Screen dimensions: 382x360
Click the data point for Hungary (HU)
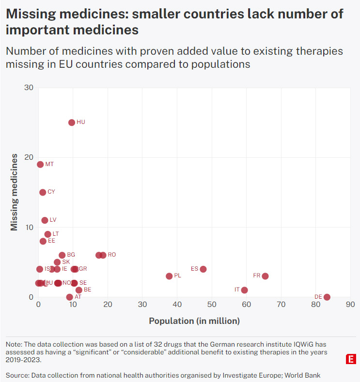pos(72,122)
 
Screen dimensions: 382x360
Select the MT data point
pos(40,165)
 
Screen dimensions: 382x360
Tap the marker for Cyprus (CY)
pos(43,192)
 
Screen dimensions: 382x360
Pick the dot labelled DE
pos(327,297)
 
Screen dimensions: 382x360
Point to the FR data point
pos(265,276)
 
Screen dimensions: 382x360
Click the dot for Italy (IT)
pos(245,290)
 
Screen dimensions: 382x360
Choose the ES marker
pos(203,269)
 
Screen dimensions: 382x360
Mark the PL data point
pos(169,276)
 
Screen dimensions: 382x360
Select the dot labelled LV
pos(45,220)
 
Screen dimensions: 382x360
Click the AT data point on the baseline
pos(69,297)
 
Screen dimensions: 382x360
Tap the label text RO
pos(112,255)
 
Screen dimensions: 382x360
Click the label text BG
pos(71,255)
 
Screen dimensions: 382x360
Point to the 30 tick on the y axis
pos(29,88)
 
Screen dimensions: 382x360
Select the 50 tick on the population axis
pos(212,305)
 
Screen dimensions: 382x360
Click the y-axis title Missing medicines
pos(14,192)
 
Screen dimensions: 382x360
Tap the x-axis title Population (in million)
pos(194,321)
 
